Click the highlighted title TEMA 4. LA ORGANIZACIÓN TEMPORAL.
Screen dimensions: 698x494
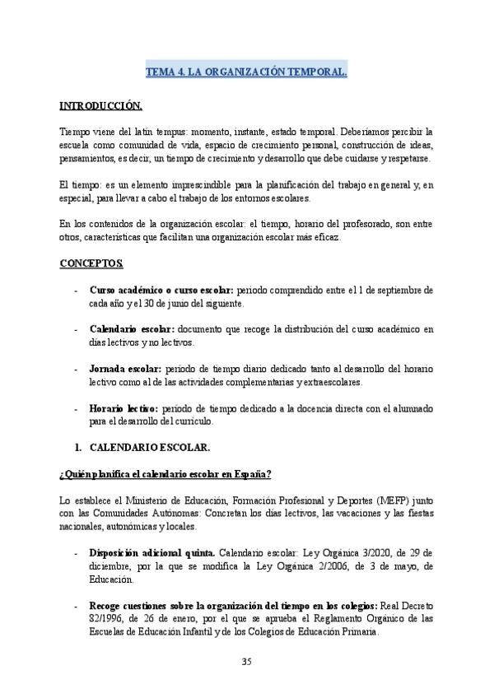(x=246, y=72)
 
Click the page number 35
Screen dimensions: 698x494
(x=246, y=663)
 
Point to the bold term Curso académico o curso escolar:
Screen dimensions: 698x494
(x=161, y=291)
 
